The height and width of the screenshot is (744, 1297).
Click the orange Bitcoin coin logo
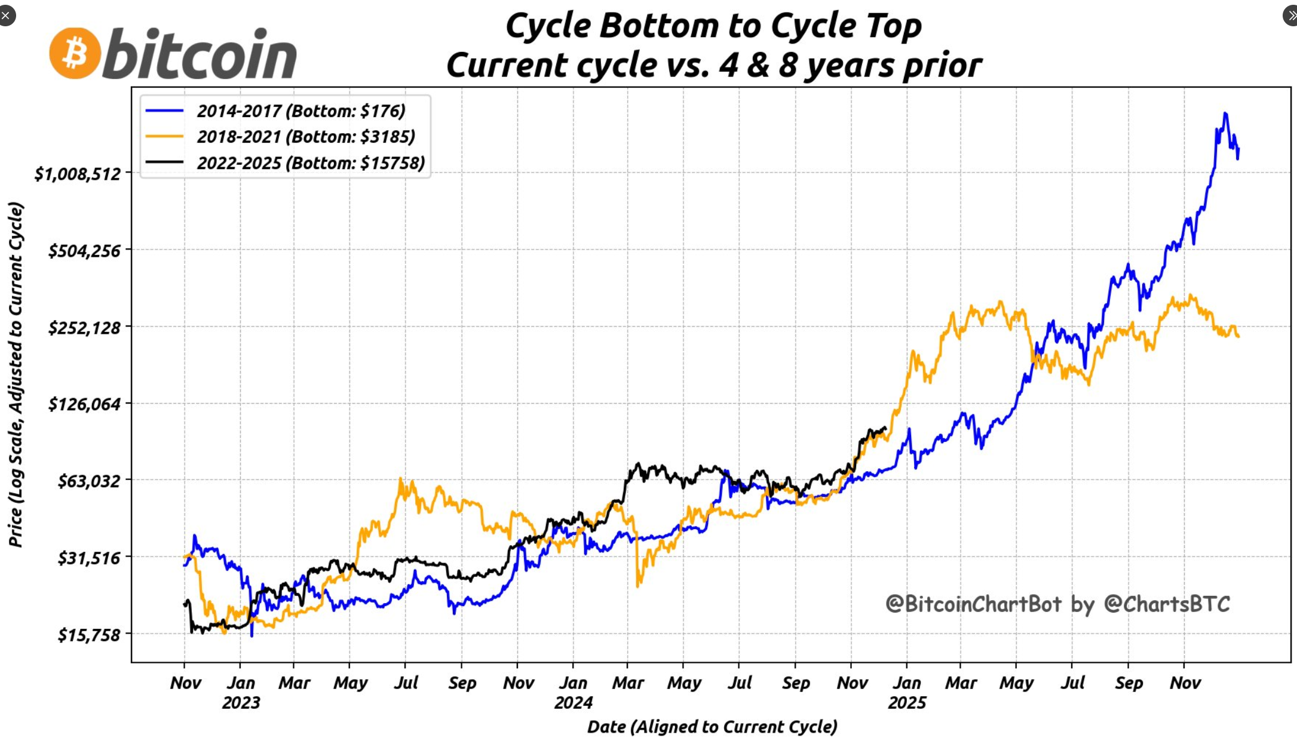(75, 53)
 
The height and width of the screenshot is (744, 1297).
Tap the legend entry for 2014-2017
(301, 111)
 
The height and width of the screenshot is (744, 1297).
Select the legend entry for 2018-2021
(305, 137)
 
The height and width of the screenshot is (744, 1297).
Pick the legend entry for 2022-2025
(310, 163)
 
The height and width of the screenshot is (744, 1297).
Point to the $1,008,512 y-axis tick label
(78, 174)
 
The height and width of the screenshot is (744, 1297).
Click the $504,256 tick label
(84, 251)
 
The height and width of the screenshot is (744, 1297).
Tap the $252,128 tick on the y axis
(84, 328)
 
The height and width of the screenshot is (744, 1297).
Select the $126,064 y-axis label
(84, 404)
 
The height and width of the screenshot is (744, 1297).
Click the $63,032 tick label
(89, 481)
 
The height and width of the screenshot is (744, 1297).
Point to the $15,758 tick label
(89, 635)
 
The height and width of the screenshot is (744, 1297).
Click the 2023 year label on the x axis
(241, 703)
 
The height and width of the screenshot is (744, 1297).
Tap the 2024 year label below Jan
(573, 703)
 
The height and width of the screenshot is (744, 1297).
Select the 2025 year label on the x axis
(906, 703)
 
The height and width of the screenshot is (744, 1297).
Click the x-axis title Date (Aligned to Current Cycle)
(712, 727)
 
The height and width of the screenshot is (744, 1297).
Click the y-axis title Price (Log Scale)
(16, 374)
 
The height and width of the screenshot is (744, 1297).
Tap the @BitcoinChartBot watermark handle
(973, 604)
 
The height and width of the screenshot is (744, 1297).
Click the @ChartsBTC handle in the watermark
(1167, 604)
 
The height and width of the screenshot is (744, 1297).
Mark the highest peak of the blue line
(1225, 113)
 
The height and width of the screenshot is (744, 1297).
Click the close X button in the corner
(6, 15)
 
